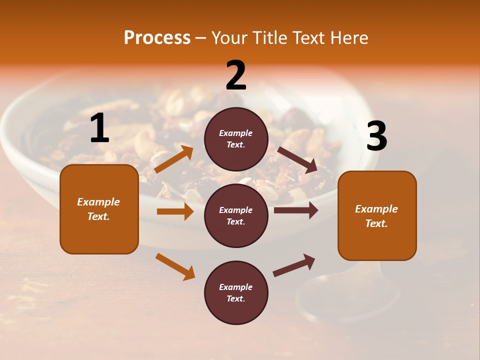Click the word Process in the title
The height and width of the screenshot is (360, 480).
157,38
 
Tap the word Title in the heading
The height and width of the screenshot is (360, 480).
270,38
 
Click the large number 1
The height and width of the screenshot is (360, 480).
99,128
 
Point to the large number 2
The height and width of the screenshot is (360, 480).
236,75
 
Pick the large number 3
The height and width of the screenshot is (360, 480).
376,136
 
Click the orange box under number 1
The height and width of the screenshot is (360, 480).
99,209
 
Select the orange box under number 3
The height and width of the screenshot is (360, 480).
377,215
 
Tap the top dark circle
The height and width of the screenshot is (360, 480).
236,139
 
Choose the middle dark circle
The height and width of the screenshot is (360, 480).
236,215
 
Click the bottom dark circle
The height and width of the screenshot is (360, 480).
236,292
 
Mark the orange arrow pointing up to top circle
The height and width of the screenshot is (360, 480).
174,159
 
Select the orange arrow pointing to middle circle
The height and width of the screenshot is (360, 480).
175,211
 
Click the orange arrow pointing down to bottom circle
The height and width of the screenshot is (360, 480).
175,266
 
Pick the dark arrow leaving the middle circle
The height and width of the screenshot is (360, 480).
296,210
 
